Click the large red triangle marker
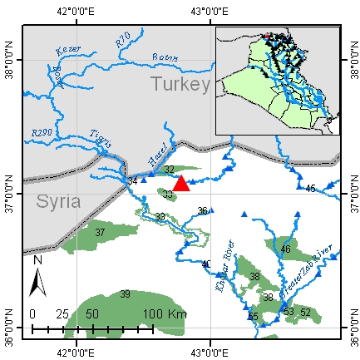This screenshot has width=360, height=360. click(181, 182)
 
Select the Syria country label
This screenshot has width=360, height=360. click(58, 201)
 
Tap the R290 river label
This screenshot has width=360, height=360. click(42, 132)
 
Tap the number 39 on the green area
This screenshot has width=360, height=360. click(125, 294)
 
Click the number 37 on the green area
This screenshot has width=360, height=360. click(100, 233)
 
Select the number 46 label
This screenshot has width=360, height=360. click(285, 249)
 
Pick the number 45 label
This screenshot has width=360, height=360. click(310, 190)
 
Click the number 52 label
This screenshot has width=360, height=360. click(306, 312)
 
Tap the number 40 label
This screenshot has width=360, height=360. click(206, 264)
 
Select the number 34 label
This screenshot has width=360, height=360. click(131, 181)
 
